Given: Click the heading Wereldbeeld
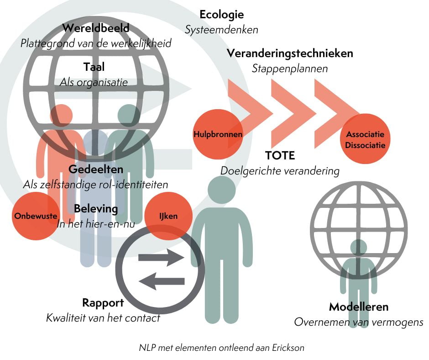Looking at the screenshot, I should (96, 28).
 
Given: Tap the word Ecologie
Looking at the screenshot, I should (221, 15).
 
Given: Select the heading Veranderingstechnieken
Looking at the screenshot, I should (290, 53).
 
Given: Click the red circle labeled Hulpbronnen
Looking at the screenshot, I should (218, 134).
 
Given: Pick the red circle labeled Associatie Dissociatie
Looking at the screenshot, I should (365, 140).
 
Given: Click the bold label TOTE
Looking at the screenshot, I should (280, 155).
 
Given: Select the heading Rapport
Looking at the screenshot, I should (103, 303).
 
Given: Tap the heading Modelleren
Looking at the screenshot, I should (359, 307).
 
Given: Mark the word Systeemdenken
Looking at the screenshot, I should (221, 30).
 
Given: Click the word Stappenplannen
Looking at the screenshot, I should (290, 69).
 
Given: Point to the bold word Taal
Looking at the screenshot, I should (94, 67).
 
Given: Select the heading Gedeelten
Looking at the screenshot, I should (96, 169).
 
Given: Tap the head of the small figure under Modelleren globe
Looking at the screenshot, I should (359, 248).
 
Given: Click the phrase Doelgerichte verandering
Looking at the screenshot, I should (280, 171).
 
